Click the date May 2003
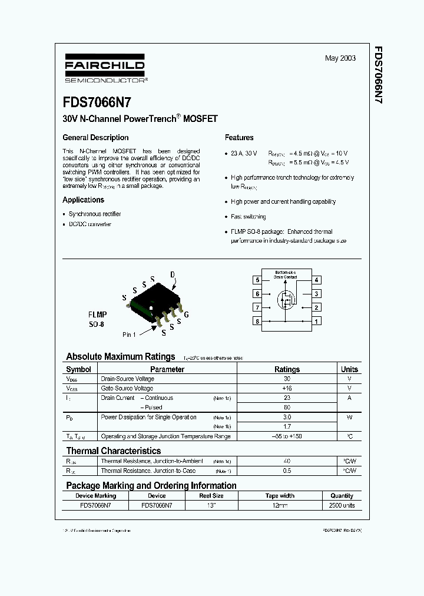tap(340, 59)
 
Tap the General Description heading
tap(95, 138)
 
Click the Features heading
tap(239, 138)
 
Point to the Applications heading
tap(83, 200)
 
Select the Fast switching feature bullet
tap(248, 217)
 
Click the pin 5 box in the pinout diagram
tap(257, 280)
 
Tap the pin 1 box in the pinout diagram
tap(317, 322)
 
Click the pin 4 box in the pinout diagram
tap(317, 280)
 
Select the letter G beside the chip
tap(186, 315)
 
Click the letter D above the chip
tap(173, 275)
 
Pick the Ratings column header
tap(287, 369)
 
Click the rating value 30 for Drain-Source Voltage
tap(287, 379)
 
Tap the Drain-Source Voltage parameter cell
tap(127, 379)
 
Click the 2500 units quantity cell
tap(342, 506)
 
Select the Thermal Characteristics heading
tap(113, 451)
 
